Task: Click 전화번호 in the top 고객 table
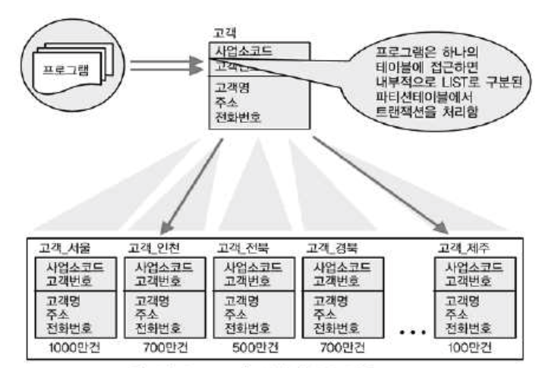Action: point(241,118)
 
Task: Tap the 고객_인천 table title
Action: point(156,248)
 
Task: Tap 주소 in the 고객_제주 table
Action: point(455,314)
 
